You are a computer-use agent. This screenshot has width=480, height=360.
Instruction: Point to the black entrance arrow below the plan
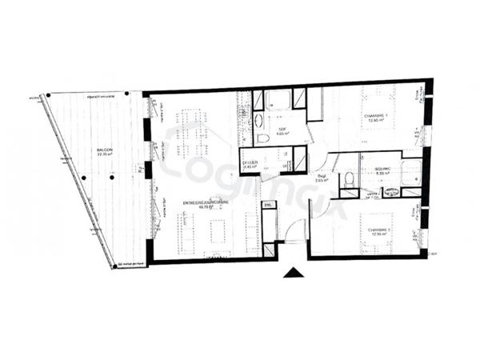(294, 273)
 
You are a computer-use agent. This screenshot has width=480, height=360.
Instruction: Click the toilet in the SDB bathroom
(264, 137)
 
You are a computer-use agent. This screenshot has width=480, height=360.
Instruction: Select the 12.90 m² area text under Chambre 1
(375, 121)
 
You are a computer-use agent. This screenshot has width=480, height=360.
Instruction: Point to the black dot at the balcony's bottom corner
(114, 267)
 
